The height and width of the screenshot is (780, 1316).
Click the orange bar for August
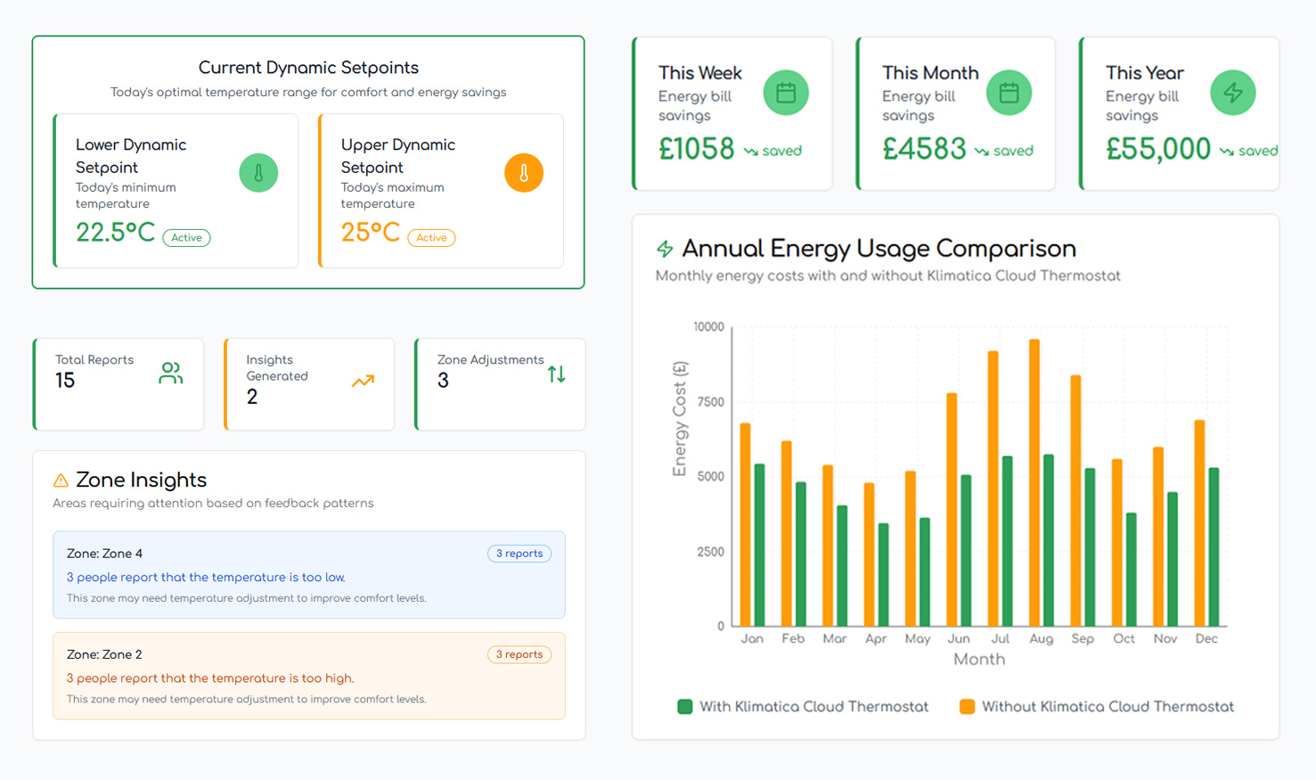coord(1034,482)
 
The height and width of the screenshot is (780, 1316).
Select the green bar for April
coord(883,574)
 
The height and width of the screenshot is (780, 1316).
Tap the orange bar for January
coord(745,524)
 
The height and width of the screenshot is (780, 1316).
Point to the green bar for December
coord(1214,546)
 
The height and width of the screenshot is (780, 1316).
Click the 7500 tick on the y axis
coord(710,402)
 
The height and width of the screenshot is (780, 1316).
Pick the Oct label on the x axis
coord(1124,638)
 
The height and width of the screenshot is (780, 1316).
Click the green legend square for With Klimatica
coord(684,707)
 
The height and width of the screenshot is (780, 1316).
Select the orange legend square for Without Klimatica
coord(967,707)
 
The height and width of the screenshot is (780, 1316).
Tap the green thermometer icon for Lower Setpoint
coord(258,173)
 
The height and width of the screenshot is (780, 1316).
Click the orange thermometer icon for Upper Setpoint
coord(524,173)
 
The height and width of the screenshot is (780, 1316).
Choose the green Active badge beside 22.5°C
coord(186,237)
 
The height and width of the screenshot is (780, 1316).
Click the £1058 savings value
coord(696,149)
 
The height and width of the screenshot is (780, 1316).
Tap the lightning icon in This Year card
coord(1232,93)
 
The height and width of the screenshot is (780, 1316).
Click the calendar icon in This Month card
coord(1009,93)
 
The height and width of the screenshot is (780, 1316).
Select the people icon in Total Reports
coord(170,374)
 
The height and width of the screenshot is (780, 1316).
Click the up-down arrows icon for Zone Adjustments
coord(556,374)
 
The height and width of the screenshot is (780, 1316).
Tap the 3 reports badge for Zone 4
coord(519,553)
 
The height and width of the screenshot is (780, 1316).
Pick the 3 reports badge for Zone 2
coord(519,654)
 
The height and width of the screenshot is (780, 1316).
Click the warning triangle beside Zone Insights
coord(61,480)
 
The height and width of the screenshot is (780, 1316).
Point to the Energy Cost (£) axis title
coord(679,418)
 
